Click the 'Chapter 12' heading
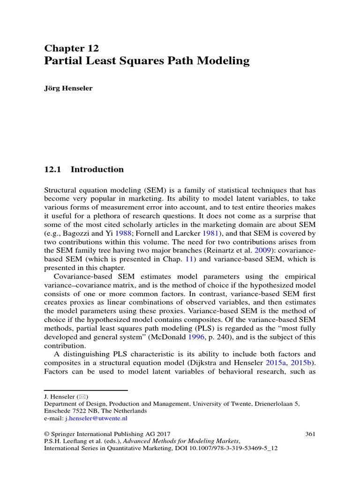pyautogui.click(x=71, y=48)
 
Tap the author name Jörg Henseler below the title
pyautogui.click(x=68, y=89)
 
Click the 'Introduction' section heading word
pyautogui.click(x=97, y=170)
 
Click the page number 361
pyautogui.click(x=310, y=434)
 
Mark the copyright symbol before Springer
pyautogui.click(x=46, y=434)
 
